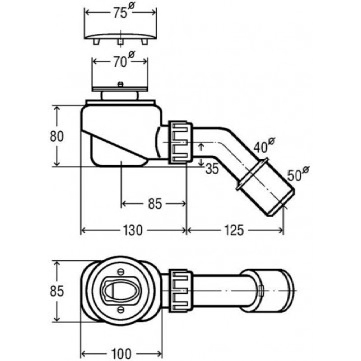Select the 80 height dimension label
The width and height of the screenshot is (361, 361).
coord(56,136)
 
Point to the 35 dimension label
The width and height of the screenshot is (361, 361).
coord(212,169)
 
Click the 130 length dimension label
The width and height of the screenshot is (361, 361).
coord(133,230)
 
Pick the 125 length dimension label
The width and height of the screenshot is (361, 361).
coord(234,230)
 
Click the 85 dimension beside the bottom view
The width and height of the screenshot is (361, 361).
coord(56,291)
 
